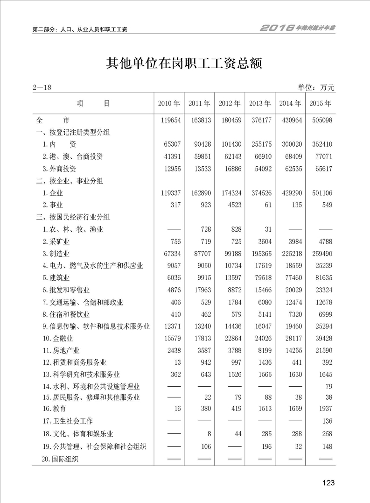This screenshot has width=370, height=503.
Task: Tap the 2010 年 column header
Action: [x=169, y=104]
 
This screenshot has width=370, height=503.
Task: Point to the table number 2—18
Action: [x=42, y=87]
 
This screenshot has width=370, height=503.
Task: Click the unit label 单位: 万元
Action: [x=316, y=87]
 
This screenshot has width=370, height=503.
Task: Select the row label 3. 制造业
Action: [x=56, y=254]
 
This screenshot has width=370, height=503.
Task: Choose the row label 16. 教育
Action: [x=54, y=409]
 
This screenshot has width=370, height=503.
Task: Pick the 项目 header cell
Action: [x=93, y=104]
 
